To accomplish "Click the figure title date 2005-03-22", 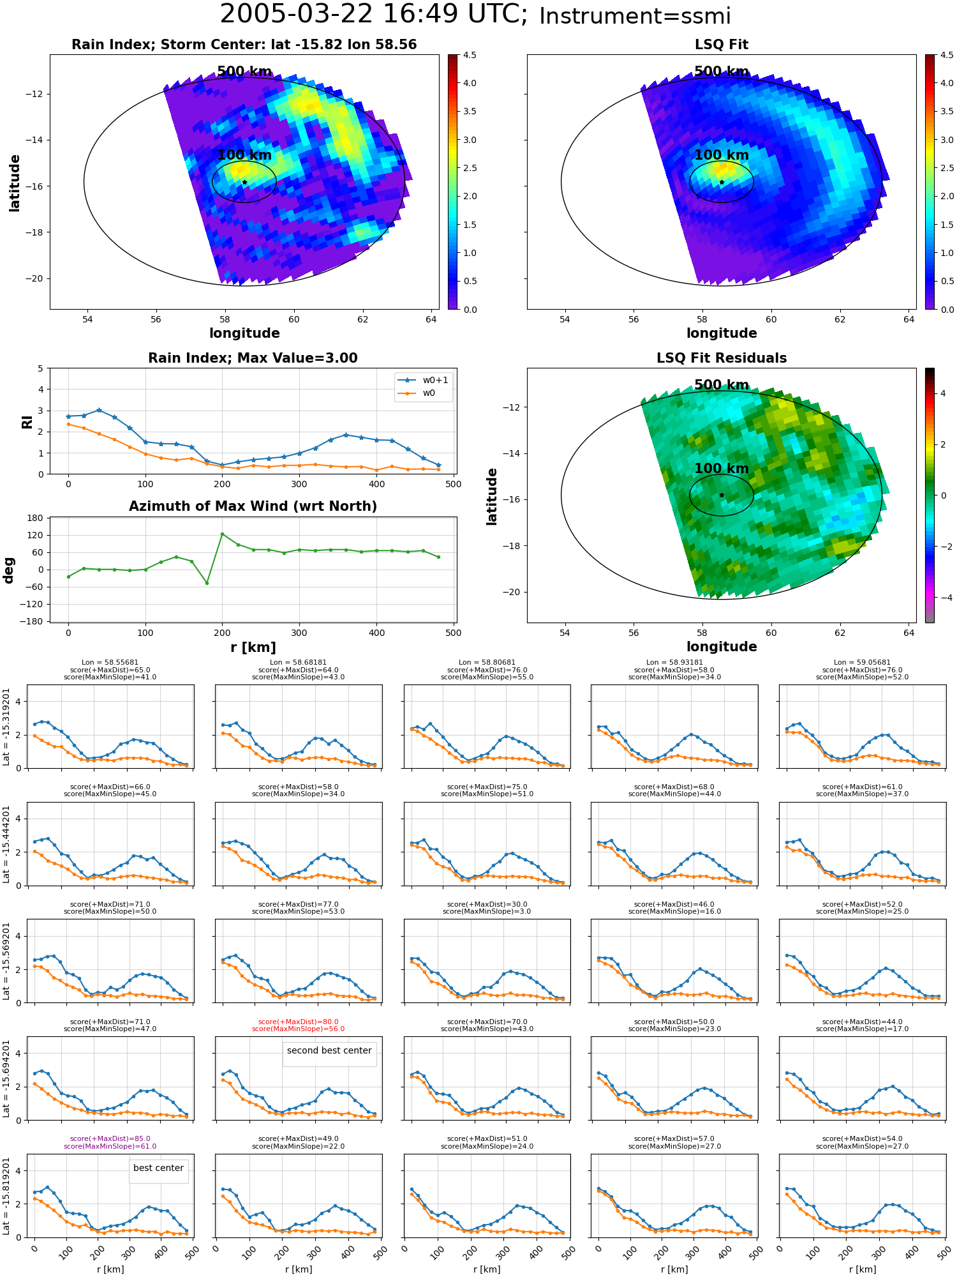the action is click(296, 15).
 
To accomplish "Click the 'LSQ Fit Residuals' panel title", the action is click(722, 358).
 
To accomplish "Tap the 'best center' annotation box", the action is click(158, 1168).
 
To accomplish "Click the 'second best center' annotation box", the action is click(329, 1050).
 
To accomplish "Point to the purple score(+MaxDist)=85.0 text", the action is click(110, 1138).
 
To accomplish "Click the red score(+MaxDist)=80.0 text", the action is click(298, 1022).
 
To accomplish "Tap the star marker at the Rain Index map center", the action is click(244, 182).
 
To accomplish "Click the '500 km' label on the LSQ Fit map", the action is click(722, 72).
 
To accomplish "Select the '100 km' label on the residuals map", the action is click(722, 468).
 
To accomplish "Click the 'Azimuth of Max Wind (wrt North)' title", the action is click(253, 506).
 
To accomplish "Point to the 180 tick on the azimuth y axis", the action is click(36, 518).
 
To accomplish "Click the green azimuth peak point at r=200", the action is click(222, 534).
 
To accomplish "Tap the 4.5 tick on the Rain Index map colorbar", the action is click(470, 55).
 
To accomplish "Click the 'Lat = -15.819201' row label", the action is click(6, 1196).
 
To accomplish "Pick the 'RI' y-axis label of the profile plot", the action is click(27, 422).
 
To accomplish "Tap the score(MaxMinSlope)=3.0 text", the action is click(487, 911).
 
